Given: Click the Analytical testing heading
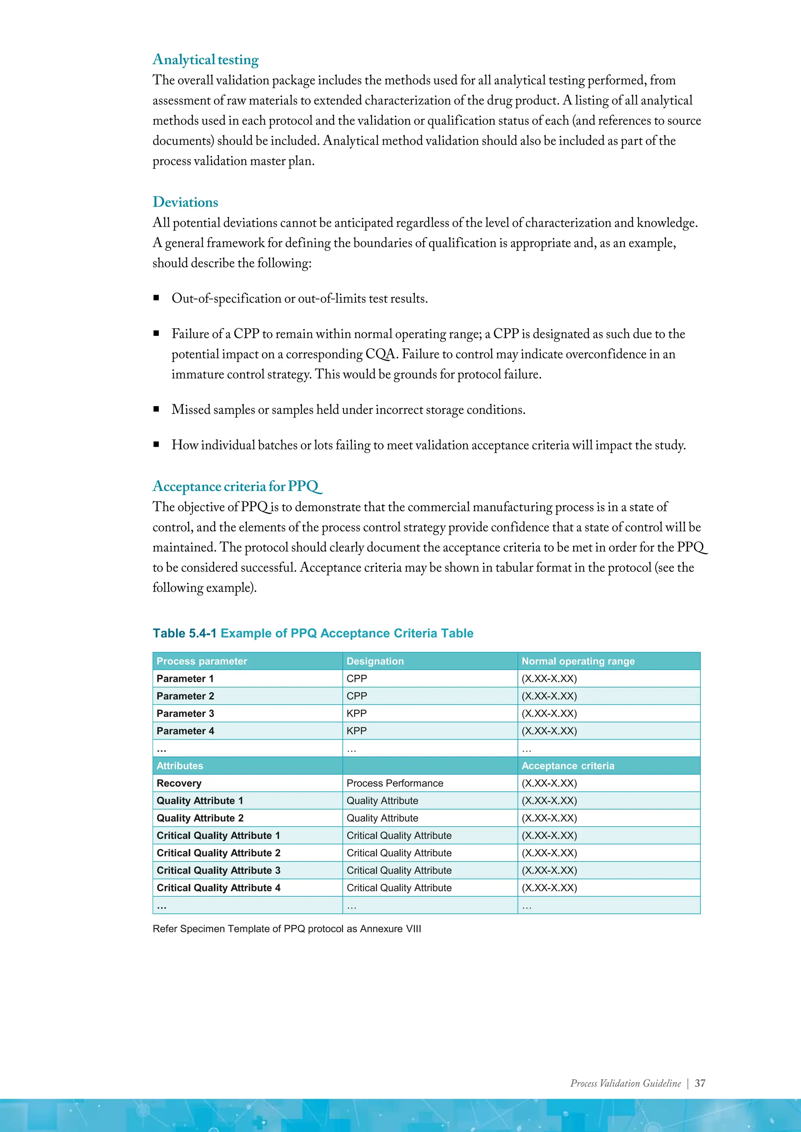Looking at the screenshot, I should click(205, 60).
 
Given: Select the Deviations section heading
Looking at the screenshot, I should click(185, 202).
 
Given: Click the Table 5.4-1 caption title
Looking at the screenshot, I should click(313, 633).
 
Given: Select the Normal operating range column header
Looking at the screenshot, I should click(578, 661).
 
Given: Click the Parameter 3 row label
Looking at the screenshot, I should click(185, 713).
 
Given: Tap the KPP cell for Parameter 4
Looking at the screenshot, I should click(357, 731).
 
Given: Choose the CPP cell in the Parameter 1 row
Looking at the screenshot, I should click(357, 679).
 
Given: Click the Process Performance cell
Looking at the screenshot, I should click(395, 783).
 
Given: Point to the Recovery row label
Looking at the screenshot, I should click(179, 783).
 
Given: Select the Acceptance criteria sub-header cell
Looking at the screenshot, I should click(568, 766).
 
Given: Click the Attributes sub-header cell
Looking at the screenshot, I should click(180, 766).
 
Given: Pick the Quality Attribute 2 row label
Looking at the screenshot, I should click(200, 818).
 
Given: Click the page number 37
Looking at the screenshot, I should click(699, 1083).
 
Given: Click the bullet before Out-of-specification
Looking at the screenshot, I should click(156, 298).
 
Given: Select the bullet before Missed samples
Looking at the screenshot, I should click(156, 409).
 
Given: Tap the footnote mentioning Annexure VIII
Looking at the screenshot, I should click(287, 929).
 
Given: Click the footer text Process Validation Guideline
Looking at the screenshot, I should click(625, 1083).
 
